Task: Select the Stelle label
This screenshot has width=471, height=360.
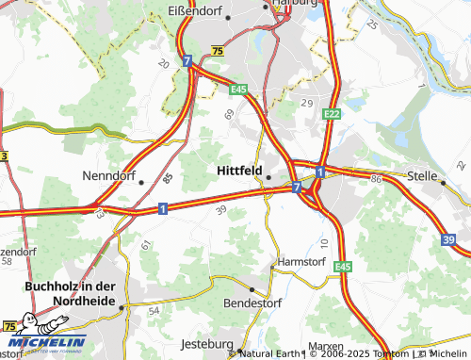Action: click(422, 175)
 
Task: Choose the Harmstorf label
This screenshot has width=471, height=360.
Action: click(300, 261)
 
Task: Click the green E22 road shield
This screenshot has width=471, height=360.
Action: click(331, 114)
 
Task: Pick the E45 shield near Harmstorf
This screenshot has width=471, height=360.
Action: click(343, 267)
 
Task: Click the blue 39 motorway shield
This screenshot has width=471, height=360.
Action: click(447, 241)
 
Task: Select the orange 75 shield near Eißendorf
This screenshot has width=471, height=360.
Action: click(219, 51)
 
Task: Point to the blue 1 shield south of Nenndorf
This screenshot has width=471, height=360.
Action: click(163, 208)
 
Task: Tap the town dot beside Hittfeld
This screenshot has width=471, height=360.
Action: click(268, 176)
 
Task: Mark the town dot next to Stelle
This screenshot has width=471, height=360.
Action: click(444, 183)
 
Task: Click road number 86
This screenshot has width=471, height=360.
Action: click(376, 178)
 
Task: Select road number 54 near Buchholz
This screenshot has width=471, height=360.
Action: click(154, 310)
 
